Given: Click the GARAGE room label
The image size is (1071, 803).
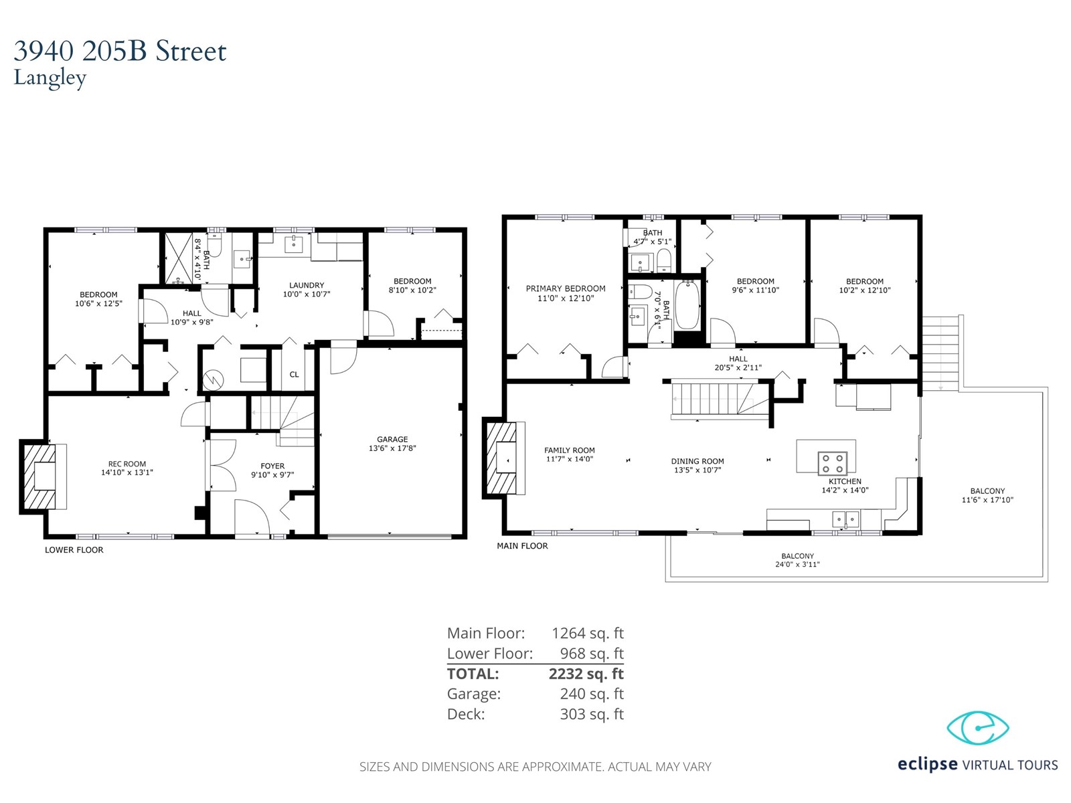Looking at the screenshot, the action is pyautogui.click(x=392, y=439).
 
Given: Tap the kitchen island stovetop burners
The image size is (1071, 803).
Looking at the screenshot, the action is pyautogui.click(x=832, y=463).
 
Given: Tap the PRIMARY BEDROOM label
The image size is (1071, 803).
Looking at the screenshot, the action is pyautogui.click(x=566, y=288).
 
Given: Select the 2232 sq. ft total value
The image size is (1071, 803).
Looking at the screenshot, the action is pyautogui.click(x=586, y=673).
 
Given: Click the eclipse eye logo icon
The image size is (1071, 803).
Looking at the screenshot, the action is pyautogui.click(x=977, y=728).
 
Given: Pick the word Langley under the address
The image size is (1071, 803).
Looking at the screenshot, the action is pyautogui.click(x=50, y=78).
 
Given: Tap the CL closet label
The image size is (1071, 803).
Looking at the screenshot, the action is pyautogui.click(x=294, y=375).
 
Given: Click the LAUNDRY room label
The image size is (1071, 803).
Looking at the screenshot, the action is pyautogui.click(x=307, y=285).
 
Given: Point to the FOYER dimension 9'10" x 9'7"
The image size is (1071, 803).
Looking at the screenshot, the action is pyautogui.click(x=272, y=475).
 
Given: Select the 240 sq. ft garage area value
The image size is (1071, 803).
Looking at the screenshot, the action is pyautogui.click(x=591, y=693).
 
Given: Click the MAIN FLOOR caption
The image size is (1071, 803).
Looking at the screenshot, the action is pyautogui.click(x=522, y=546).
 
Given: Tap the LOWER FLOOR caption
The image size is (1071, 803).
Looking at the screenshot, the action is pyautogui.click(x=74, y=550).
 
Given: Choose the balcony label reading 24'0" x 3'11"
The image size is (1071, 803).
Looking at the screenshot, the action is pyautogui.click(x=797, y=565).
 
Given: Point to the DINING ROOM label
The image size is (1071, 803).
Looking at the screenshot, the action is pyautogui.click(x=697, y=461).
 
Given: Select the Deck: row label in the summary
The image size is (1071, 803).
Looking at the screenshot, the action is pyautogui.click(x=466, y=714).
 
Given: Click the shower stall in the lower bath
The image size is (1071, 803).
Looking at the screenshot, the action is pyautogui.click(x=179, y=258).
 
